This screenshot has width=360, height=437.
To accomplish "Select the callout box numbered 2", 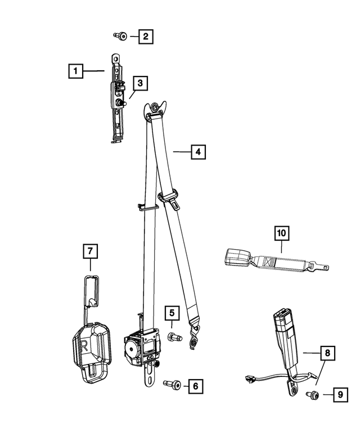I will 146,37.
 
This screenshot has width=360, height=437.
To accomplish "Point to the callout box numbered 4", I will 197,152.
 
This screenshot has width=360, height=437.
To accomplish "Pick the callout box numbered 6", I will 195,386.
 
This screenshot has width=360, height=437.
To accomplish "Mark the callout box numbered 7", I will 90,251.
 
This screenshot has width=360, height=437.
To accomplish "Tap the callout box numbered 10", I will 281,232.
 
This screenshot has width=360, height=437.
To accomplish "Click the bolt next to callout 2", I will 120,37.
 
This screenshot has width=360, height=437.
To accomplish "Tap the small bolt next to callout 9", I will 311,397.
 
